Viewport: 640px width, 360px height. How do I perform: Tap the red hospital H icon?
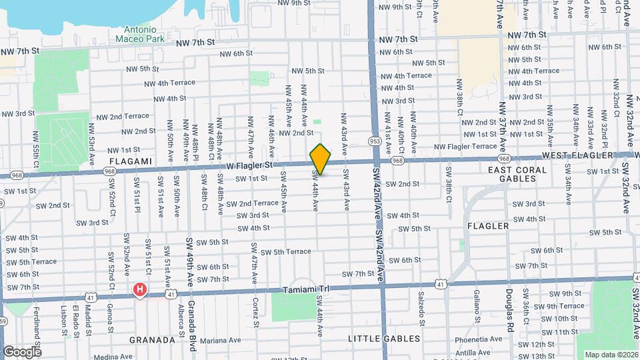[x=140, y=290]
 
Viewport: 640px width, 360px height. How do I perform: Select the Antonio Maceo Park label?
[x=141, y=34]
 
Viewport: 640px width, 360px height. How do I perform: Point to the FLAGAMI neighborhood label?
[x=131, y=161]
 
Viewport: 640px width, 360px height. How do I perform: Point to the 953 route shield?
[x=375, y=141]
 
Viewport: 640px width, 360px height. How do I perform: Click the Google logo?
[x=21, y=351]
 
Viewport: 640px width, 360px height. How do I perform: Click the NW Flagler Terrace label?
[x=466, y=146]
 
